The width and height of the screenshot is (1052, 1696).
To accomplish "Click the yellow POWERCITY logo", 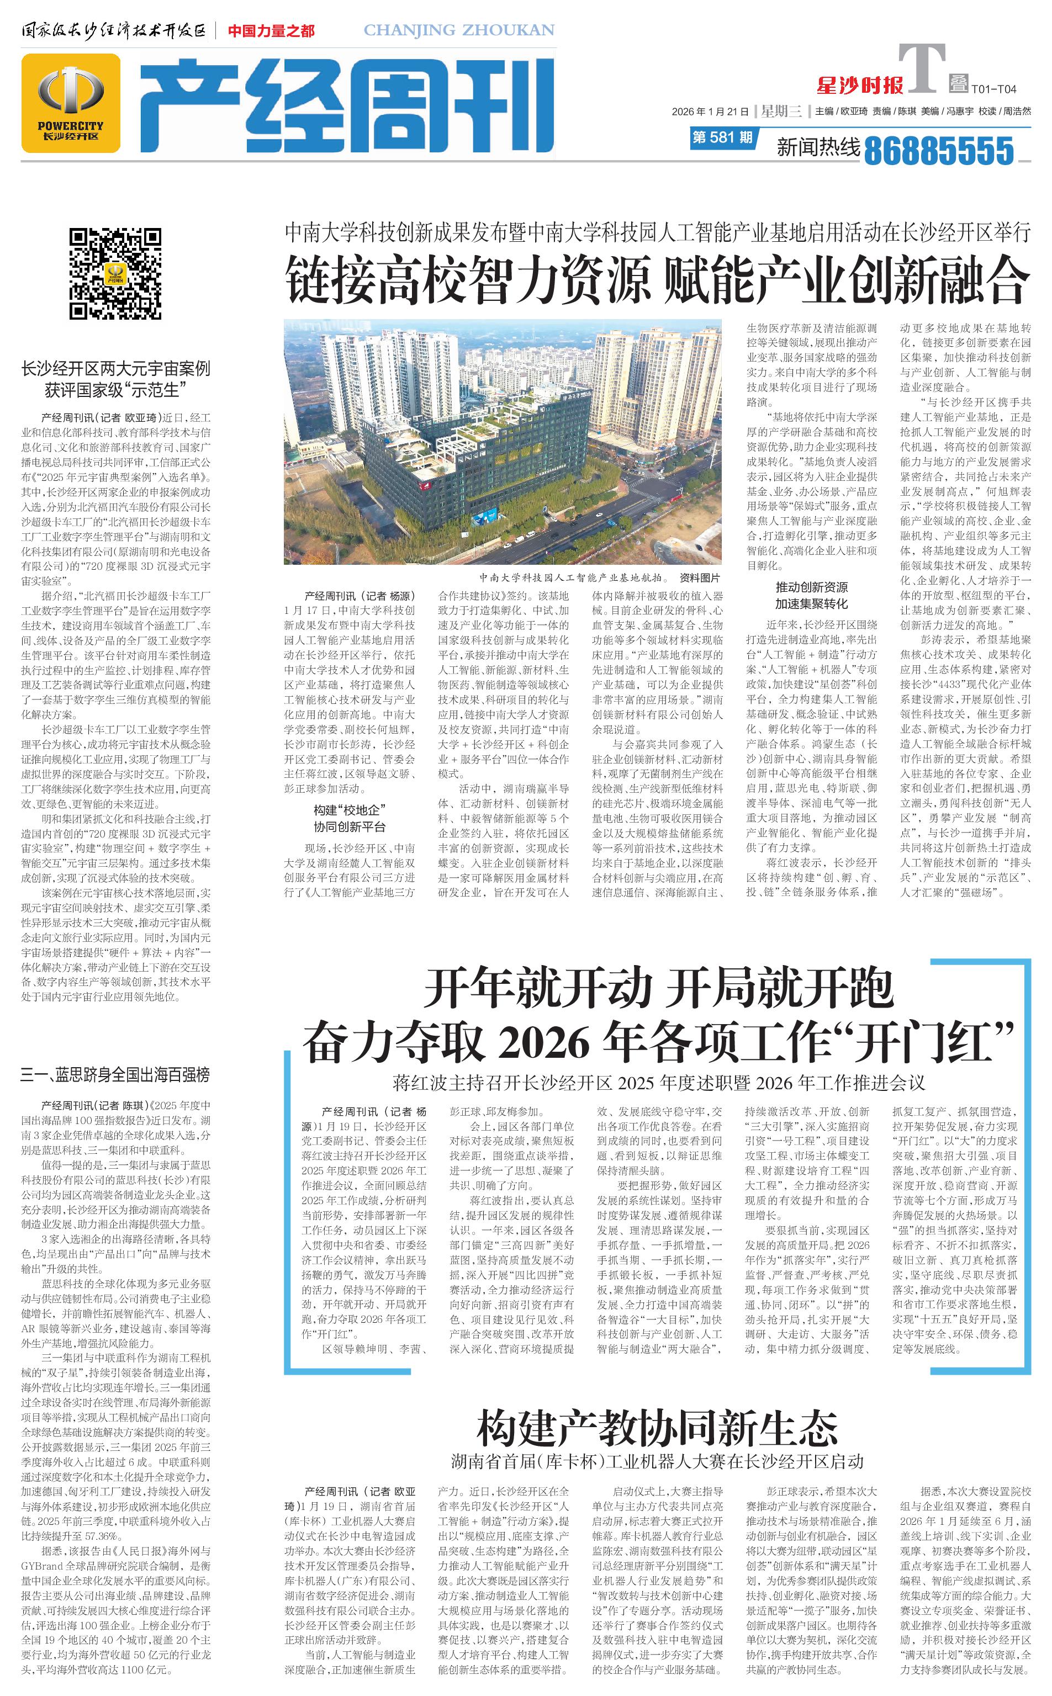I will click(70, 103).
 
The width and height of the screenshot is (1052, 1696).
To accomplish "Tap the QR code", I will click(115, 273).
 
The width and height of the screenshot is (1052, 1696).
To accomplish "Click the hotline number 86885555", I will click(939, 150).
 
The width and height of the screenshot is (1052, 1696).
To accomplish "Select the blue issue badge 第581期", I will click(722, 137).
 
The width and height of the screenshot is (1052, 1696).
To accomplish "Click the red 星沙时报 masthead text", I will click(859, 86).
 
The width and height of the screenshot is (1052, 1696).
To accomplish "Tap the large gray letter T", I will click(922, 68).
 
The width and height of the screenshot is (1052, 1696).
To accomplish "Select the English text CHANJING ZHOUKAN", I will click(459, 30).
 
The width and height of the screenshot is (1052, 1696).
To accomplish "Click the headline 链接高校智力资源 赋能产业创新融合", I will click(657, 279).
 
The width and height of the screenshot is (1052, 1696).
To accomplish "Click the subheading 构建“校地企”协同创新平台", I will click(349, 818).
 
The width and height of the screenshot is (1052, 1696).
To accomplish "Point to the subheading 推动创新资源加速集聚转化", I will click(811, 595).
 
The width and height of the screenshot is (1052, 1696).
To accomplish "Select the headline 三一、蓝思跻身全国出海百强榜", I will click(115, 1075).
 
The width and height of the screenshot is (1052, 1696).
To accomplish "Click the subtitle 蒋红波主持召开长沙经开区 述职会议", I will click(658, 1083).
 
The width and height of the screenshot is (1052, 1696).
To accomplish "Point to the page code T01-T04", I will click(993, 89).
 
